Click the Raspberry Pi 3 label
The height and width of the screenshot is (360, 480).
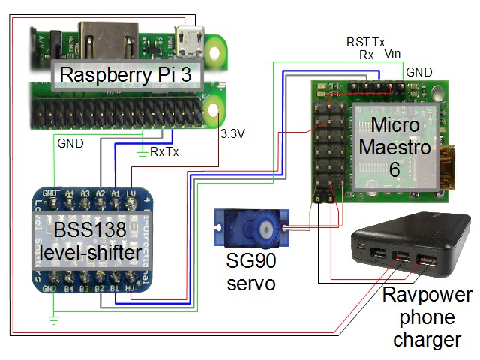coord(126,75)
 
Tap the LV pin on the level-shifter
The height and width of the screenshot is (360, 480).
coord(132,193)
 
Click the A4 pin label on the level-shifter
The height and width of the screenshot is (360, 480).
coord(70,193)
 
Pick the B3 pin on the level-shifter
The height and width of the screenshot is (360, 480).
coord(85,287)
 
